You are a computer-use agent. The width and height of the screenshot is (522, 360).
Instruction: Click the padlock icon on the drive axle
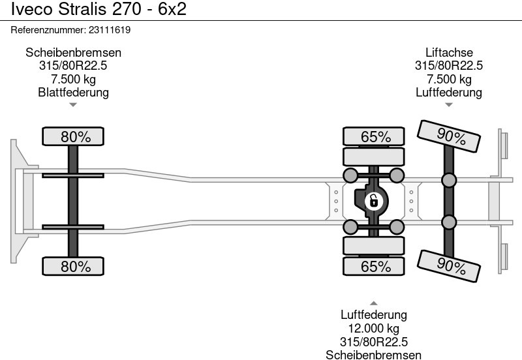point(373,200)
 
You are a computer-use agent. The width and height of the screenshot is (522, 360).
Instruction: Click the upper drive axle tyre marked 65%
point(375,137)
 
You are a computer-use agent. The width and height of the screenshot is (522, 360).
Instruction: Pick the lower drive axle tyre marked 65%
point(375,266)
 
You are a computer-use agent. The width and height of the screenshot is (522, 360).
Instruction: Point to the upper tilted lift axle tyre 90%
point(450,137)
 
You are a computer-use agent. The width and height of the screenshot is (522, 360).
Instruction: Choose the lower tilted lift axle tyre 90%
point(450,265)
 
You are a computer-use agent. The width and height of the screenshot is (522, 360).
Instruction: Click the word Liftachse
point(449,53)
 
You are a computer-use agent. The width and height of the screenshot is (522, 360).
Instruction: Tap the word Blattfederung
point(73,92)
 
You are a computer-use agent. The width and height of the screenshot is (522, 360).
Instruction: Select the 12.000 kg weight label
point(374,329)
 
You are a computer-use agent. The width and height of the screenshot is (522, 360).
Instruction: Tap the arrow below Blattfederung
point(73,104)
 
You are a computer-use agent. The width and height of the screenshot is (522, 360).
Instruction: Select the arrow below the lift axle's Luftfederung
point(449,104)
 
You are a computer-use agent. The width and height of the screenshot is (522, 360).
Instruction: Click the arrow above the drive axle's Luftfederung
point(374,303)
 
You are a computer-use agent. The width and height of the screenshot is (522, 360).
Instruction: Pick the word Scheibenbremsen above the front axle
point(73,53)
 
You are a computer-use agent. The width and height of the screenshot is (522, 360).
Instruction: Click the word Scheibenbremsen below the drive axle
point(374,354)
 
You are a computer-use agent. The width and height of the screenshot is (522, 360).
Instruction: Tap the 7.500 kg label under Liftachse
point(449,79)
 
